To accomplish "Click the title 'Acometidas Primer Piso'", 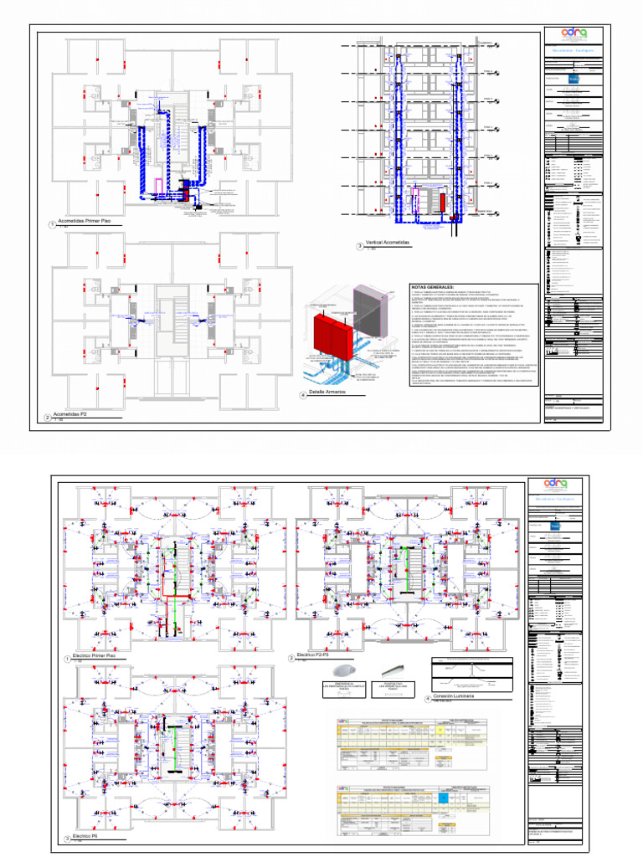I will (83, 221).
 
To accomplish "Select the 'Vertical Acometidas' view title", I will (388, 243).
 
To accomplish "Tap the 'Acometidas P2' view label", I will (71, 413).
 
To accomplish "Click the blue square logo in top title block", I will (574, 80).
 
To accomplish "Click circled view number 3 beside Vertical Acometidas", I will (360, 246).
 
